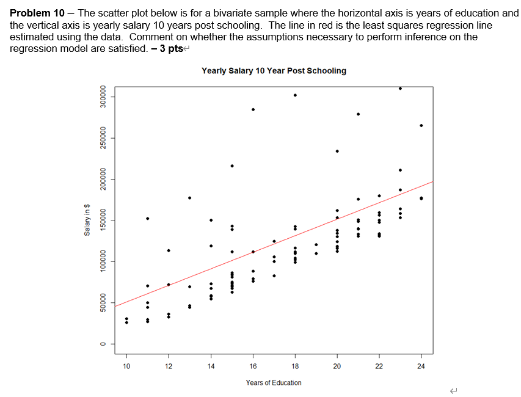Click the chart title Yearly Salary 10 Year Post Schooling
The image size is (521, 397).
(x=274, y=71)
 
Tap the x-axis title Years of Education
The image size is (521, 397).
(x=274, y=382)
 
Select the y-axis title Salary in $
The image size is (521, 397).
(x=87, y=221)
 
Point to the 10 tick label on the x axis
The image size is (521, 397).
(x=126, y=366)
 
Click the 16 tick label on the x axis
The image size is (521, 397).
(x=253, y=366)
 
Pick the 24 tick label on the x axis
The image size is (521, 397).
(x=421, y=366)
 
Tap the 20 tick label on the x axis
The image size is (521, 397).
(x=337, y=366)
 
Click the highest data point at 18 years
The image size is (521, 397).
(x=295, y=95)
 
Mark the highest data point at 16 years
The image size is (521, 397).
(x=253, y=109)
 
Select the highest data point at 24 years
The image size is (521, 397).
(x=421, y=125)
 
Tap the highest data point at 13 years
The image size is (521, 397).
(x=190, y=197)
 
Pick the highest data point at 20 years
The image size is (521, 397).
(x=337, y=151)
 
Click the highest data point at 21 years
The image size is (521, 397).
(x=359, y=114)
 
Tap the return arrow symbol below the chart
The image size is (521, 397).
(x=453, y=390)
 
